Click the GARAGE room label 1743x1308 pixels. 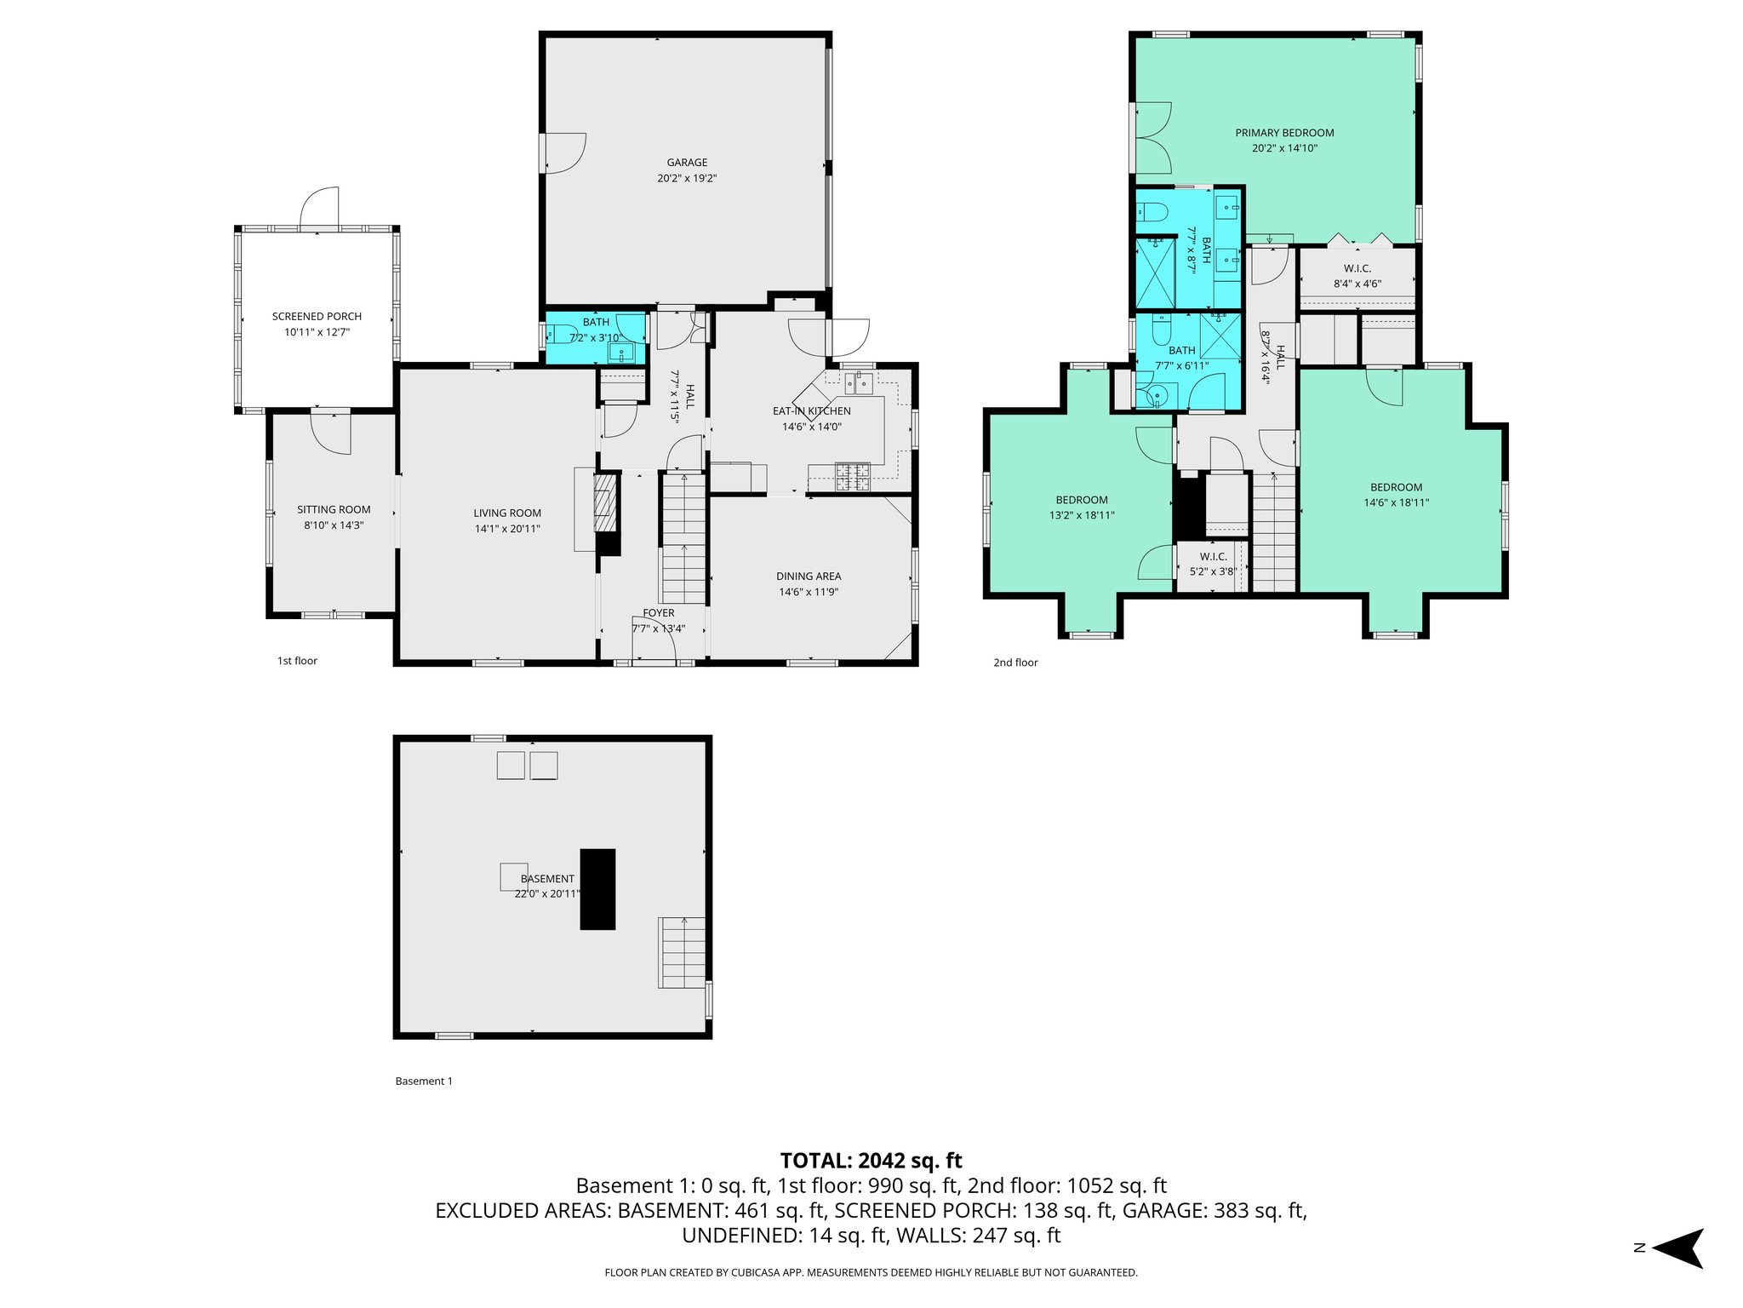pyautogui.click(x=687, y=163)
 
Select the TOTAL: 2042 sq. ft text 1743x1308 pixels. pyautogui.click(x=871, y=1161)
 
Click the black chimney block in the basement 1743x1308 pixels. pyautogui.click(x=597, y=889)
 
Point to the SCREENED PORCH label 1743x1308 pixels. pyautogui.click(x=317, y=317)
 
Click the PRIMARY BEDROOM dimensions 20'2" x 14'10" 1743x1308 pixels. pyautogui.click(x=1284, y=148)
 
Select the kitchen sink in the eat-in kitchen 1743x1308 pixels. pyautogui.click(x=859, y=383)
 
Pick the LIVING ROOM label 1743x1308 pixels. pyautogui.click(x=507, y=513)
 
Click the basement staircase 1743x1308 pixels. pyautogui.click(x=683, y=952)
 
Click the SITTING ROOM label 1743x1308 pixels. pyautogui.click(x=334, y=510)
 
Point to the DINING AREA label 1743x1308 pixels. pyautogui.click(x=809, y=577)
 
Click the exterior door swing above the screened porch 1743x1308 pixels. pyautogui.click(x=322, y=207)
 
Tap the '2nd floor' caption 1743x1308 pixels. pyautogui.click(x=1015, y=663)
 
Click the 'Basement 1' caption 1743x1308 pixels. pyautogui.click(x=424, y=1081)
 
